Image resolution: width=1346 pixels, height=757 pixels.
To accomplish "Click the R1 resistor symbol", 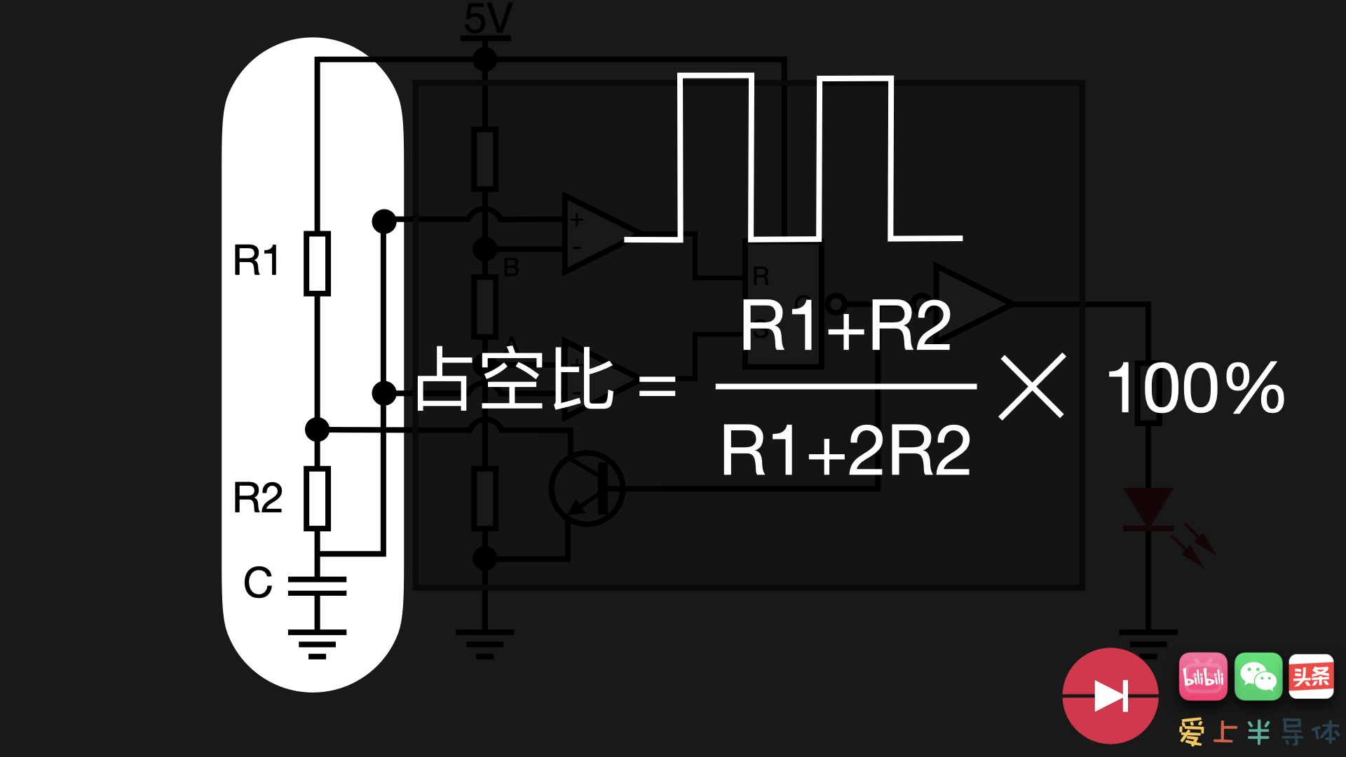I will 317,263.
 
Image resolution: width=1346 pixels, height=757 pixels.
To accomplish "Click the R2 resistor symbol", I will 317,498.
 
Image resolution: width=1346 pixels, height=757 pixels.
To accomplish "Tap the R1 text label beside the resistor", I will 257,261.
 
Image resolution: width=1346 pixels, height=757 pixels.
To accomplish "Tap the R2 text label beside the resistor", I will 257,498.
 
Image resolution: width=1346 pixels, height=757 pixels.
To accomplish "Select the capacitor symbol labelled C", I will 317,586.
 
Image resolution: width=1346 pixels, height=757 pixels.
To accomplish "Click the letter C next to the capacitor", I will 258,582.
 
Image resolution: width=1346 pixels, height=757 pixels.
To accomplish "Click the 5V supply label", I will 488,19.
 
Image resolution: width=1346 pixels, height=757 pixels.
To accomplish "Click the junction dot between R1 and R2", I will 317,429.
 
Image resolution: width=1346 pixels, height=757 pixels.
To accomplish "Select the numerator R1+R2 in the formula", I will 845,326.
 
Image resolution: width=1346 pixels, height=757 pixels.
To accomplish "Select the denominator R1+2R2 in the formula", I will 845,451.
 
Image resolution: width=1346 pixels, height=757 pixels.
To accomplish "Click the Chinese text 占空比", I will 515,379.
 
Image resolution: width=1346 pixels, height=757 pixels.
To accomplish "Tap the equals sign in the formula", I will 657,386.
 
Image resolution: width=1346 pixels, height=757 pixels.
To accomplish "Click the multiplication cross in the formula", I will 1032,386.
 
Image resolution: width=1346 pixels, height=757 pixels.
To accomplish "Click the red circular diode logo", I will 1110,695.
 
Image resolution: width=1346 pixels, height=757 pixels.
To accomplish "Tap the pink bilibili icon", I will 1203,676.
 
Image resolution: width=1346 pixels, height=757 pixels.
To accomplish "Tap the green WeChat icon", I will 1258,676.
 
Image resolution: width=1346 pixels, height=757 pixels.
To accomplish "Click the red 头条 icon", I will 1310,676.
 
